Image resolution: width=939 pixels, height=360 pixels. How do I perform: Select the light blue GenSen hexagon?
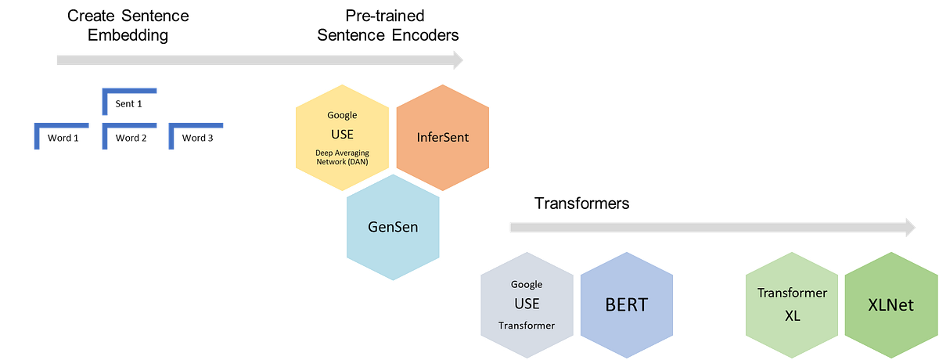(x=391, y=227)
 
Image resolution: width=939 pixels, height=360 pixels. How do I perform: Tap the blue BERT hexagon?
(x=626, y=304)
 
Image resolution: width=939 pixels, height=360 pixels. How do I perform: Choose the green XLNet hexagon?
(x=890, y=305)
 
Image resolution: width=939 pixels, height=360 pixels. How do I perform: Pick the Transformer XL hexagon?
(x=792, y=305)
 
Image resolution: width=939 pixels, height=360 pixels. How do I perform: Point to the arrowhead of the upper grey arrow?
(x=458, y=59)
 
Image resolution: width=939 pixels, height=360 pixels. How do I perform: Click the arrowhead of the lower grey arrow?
(x=909, y=228)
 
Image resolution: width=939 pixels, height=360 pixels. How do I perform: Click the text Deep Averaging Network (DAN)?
(x=341, y=157)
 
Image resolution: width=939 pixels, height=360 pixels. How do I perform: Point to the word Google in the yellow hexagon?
(x=341, y=116)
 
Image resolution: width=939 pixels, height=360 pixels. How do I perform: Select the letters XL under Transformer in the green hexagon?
(x=792, y=315)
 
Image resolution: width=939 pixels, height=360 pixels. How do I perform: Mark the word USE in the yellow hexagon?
(x=341, y=134)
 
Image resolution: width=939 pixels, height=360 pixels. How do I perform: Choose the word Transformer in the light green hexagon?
(x=792, y=293)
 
